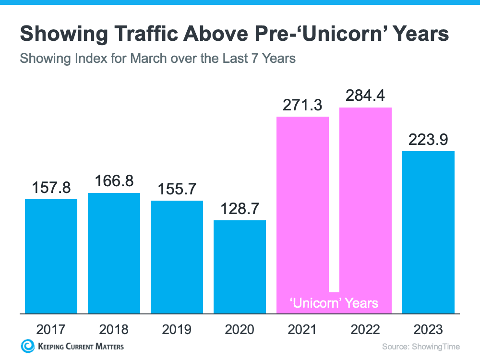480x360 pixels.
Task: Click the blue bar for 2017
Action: click(51, 256)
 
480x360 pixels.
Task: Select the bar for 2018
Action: click(114, 253)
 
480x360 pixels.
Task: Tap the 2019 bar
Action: click(177, 257)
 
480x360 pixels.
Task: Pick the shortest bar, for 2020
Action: click(240, 267)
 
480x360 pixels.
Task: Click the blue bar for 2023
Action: click(428, 232)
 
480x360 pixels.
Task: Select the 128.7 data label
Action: click(240, 210)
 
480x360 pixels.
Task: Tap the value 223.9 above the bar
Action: click(428, 141)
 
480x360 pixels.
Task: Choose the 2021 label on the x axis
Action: click(302, 329)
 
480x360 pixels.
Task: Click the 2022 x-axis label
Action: click(366, 329)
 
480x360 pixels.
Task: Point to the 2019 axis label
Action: click(177, 329)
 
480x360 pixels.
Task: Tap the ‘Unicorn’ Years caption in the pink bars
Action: click(335, 303)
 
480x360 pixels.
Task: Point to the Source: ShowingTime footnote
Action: click(420, 347)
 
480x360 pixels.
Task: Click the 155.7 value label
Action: click(177, 190)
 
